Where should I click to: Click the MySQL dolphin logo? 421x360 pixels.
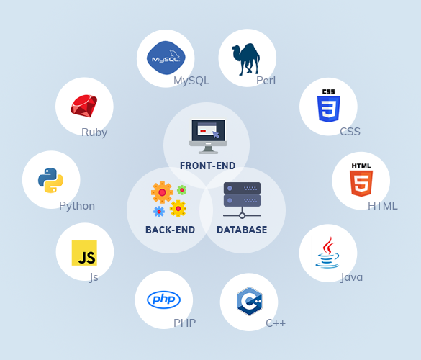coord(166,58)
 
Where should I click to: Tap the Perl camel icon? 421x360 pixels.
coord(245,59)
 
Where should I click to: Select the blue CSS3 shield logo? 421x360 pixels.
coord(329,106)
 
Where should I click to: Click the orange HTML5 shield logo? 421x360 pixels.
coord(361,179)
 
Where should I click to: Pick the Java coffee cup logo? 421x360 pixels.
coord(327,253)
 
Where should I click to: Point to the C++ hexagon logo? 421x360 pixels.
coord(250,301)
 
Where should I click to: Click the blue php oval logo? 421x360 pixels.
coord(164,300)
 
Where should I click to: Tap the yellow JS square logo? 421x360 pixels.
coord(84,253)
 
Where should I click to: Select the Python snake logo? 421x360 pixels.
coord(51,180)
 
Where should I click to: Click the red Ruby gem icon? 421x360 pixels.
coord(83,106)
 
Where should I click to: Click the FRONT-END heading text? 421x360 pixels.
coord(207,166)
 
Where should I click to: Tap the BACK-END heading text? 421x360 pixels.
coord(171,230)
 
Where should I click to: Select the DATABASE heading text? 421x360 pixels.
coord(242,230)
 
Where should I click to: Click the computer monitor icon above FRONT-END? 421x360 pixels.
coord(208,137)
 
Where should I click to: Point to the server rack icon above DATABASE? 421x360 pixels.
coord(242,200)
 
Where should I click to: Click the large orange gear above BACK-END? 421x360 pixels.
coord(162,192)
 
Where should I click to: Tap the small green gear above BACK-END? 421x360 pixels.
coord(182,190)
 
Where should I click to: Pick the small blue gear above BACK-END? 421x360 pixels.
coord(159,212)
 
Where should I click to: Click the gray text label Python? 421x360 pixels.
coord(77,207)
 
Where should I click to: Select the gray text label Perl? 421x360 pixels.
coord(266,81)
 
